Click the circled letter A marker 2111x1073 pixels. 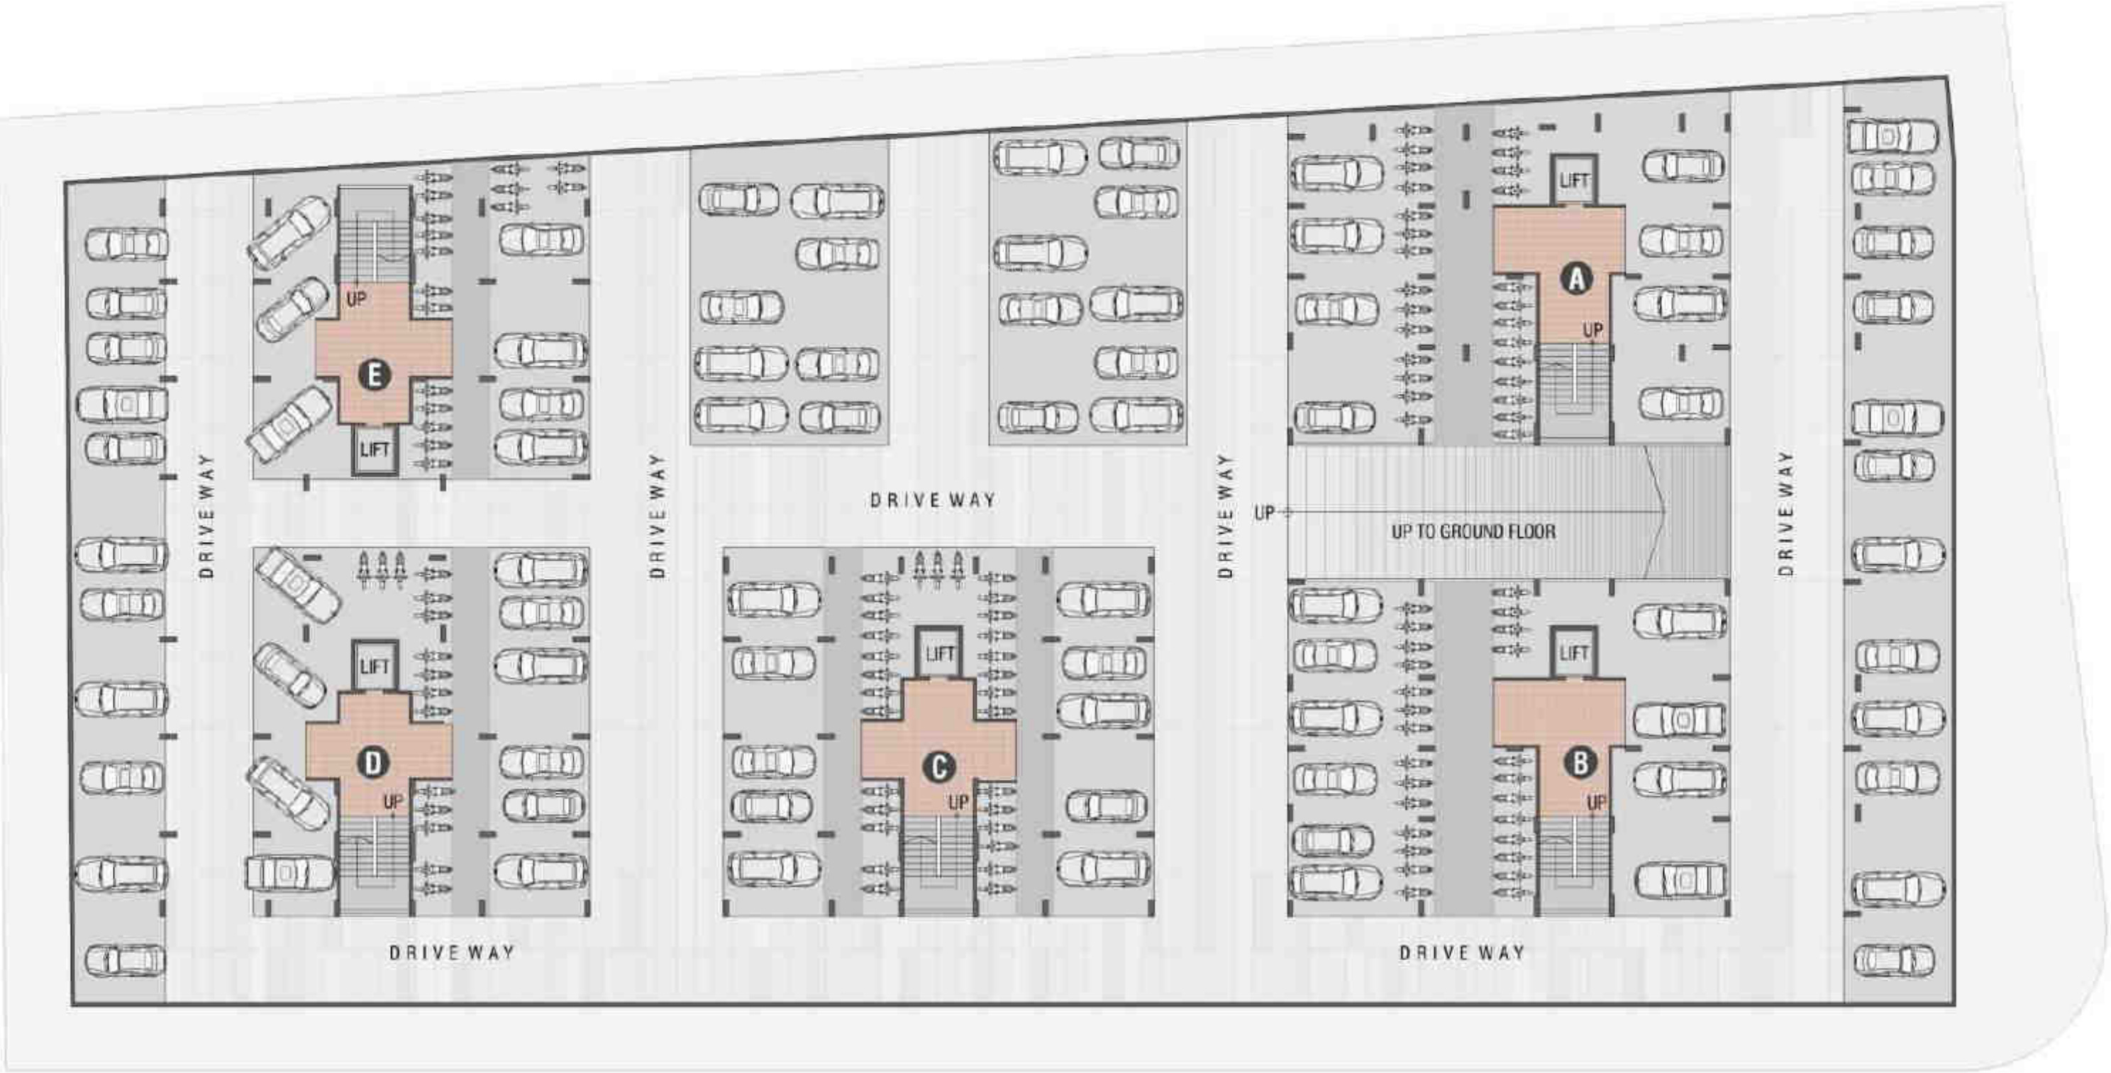1576,280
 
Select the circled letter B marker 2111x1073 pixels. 1580,763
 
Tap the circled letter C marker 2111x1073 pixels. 938,767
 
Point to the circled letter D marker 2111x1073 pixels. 373,763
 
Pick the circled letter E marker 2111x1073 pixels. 375,375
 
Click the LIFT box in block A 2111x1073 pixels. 1573,180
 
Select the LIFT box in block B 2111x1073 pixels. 1573,654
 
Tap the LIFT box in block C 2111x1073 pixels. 939,654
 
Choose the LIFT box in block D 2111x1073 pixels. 375,666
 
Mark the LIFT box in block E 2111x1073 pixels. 375,449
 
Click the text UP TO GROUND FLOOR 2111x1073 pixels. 1473,531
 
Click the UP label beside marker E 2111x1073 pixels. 355,300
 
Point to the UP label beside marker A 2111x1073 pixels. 1592,330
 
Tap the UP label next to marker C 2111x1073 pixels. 958,802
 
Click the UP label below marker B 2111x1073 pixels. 1595,802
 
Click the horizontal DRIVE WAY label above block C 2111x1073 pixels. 933,500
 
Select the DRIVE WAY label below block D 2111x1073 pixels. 452,952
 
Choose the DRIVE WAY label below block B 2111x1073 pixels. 1462,952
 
